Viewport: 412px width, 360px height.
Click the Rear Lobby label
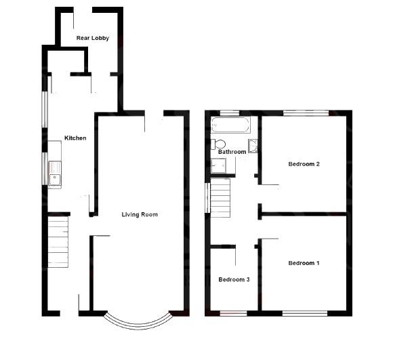93,38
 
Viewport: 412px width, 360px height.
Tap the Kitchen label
75,138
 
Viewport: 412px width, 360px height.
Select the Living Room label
140,215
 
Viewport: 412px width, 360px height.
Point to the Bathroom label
232,152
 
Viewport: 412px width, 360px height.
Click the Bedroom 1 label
304,263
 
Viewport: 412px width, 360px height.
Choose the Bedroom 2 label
304,164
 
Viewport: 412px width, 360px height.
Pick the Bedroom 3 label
234,279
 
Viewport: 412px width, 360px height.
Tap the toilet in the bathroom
218,144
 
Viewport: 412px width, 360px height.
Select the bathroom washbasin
253,145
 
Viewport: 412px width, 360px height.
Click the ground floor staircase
59,241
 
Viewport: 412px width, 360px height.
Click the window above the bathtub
230,112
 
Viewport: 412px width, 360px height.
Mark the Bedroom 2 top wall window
306,112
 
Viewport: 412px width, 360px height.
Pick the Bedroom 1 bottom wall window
304,313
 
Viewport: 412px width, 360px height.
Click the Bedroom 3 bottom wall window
234,313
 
